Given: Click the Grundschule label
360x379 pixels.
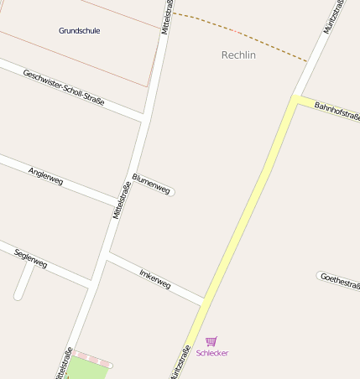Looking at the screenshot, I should pos(79,31).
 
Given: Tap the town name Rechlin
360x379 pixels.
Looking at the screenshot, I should pos(238,55).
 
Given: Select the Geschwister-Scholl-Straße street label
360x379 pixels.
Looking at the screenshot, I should pos(64,86).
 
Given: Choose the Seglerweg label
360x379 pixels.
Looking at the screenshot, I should pos(31,258).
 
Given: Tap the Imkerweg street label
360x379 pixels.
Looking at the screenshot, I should pos(154,279).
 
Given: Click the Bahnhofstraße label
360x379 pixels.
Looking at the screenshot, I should pos(337,112).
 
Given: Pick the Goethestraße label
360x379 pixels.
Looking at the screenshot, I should pos(339,279).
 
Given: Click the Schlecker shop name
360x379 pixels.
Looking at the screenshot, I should pos(211,353).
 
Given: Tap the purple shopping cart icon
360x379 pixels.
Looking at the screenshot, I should pos(211,341).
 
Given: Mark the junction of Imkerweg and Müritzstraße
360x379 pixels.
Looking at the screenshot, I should pos(203,301).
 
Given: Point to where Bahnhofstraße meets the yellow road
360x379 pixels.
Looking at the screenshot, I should pos(295,98).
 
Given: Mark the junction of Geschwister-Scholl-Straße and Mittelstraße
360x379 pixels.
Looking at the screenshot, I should pos(143,117).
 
